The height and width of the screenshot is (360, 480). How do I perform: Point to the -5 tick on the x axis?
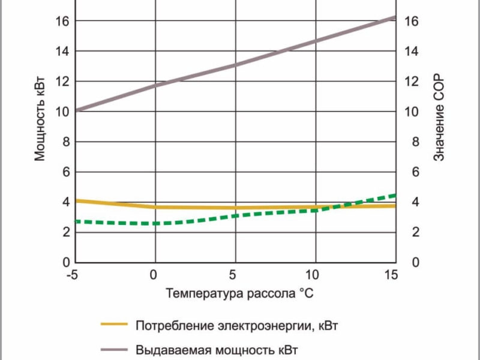73,275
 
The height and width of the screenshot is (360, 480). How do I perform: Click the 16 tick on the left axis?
62,21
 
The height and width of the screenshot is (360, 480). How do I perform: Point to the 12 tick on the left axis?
62,82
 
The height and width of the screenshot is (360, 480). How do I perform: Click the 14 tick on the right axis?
412,51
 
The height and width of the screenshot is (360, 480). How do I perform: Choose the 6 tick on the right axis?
409,172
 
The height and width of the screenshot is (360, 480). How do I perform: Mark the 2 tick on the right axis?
409,233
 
